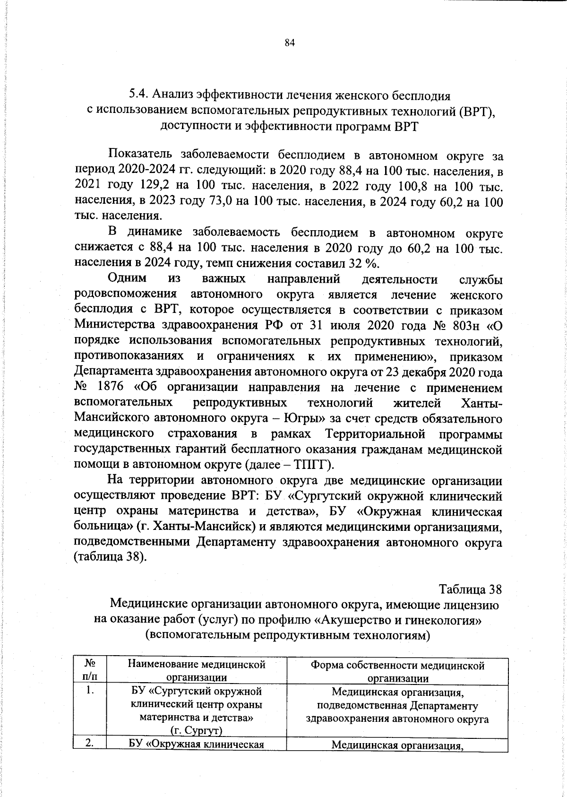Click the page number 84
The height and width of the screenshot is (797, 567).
(x=290, y=43)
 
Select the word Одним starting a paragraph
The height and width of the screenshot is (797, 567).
(x=127, y=279)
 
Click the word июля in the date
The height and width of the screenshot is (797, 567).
(x=351, y=326)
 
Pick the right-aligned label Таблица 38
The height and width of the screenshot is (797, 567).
(x=470, y=589)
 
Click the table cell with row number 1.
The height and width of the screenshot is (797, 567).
(x=90, y=691)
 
